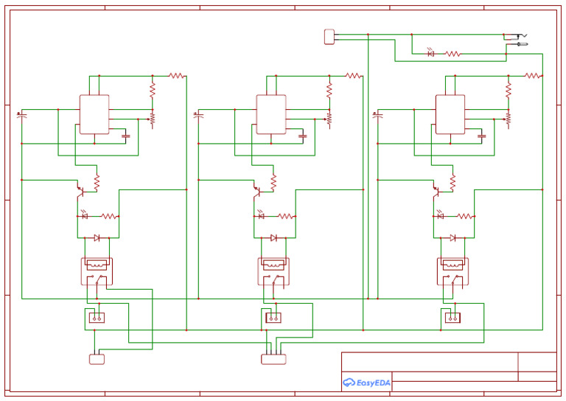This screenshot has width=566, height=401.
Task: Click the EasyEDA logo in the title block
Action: click(x=366, y=383)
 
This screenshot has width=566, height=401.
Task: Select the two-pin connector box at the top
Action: click(x=329, y=36)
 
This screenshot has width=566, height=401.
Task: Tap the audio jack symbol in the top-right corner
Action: click(x=515, y=39)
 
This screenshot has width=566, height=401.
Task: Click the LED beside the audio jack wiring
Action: click(x=431, y=54)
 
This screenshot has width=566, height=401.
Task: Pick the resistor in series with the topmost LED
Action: click(x=453, y=54)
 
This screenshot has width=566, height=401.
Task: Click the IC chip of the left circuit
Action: click(x=94, y=114)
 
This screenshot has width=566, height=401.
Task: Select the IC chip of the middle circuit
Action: click(x=271, y=114)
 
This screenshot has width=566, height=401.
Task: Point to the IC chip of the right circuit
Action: click(x=450, y=114)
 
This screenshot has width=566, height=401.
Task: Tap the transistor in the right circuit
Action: click(x=437, y=191)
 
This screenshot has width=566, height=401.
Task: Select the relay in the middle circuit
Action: click(x=273, y=271)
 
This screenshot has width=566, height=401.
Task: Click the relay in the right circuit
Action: click(x=453, y=271)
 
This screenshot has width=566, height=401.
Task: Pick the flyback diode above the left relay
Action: click(x=97, y=237)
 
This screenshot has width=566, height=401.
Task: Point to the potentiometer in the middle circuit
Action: click(x=329, y=117)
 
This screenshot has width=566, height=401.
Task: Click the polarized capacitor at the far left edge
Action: click(x=21, y=116)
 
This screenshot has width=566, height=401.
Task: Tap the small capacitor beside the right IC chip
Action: click(x=482, y=136)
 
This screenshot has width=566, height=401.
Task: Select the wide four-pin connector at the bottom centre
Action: click(x=273, y=359)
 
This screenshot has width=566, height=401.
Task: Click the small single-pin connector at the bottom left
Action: click(x=97, y=359)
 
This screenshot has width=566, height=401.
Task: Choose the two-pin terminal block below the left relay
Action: click(x=96, y=318)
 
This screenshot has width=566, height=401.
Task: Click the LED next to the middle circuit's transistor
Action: click(x=261, y=216)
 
